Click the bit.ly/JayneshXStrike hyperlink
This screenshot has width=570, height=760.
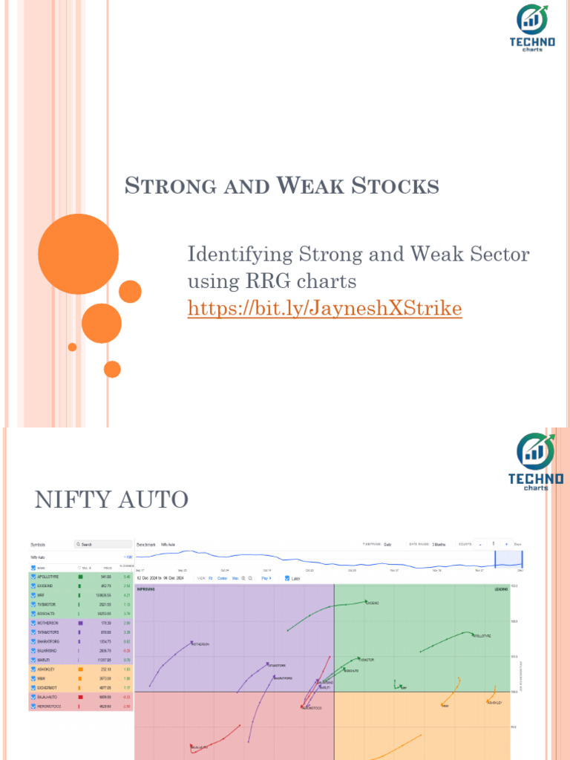324,309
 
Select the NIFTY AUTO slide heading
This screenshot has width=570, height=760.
111,499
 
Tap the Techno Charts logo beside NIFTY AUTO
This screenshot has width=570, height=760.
536,462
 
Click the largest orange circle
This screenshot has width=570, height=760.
78,254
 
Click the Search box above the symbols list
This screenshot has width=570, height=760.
103,544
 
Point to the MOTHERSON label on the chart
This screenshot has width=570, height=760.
200,644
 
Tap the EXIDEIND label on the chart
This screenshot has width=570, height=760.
372,603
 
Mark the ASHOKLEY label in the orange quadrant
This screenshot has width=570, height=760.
495,702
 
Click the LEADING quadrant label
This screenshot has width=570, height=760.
501,589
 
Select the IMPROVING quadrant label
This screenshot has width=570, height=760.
146,589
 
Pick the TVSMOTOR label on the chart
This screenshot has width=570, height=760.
366,660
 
